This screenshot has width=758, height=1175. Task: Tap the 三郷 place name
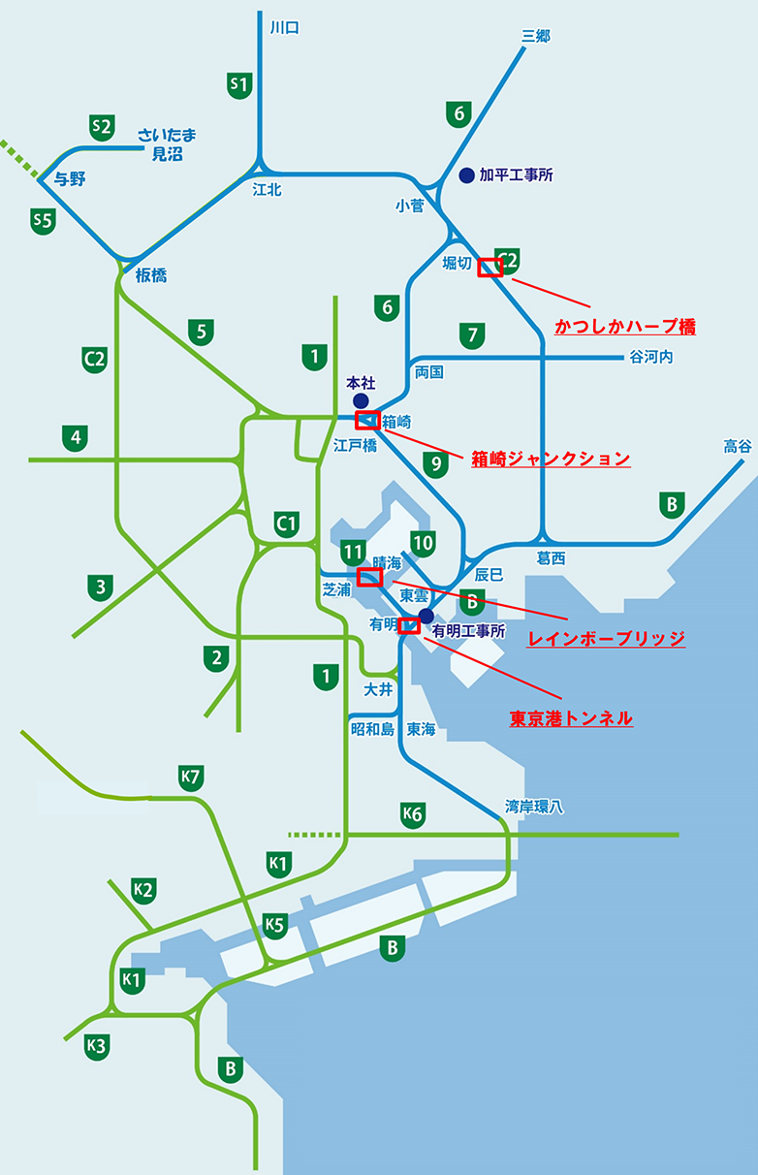point(535,36)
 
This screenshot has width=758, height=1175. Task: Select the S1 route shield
point(238,84)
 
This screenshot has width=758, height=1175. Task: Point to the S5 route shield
point(43,221)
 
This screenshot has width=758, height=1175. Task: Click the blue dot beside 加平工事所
point(466,175)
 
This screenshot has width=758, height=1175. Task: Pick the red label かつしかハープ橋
point(625,327)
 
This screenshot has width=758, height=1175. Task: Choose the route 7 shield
point(472,335)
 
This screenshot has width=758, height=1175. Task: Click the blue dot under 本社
point(361,399)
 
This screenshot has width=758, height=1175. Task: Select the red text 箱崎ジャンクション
point(551,459)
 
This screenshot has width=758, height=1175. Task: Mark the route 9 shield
point(436,463)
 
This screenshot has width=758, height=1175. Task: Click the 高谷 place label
point(737,446)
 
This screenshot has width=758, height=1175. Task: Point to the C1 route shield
point(285,524)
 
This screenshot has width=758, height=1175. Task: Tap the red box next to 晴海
point(369,578)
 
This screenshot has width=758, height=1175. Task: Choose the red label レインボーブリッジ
point(606,639)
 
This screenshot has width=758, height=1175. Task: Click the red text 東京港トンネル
point(571,718)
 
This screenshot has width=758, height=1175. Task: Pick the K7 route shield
point(191,777)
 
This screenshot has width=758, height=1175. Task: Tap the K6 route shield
point(413,814)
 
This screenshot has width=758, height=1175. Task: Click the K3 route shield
point(95,1045)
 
